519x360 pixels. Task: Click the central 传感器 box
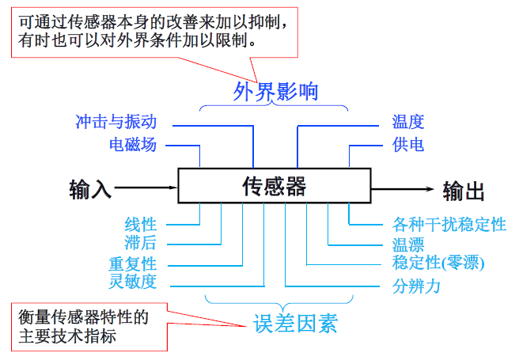[273, 187]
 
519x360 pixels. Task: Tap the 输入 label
[91, 190]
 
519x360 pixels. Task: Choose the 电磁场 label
[133, 145]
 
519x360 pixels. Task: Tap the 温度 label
[408, 123]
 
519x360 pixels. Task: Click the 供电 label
[408, 145]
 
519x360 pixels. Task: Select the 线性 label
[141, 224]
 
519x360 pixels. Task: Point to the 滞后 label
[141, 244]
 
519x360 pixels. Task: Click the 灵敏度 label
[133, 282]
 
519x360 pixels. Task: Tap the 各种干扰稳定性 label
[449, 224]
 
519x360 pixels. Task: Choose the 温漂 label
[408, 244]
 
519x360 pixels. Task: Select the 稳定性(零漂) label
[438, 263]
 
